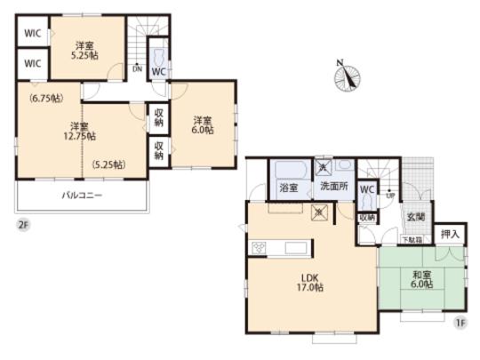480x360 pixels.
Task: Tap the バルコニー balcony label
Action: point(82,194)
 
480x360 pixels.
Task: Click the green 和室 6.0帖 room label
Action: point(422,281)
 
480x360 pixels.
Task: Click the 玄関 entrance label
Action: point(415,217)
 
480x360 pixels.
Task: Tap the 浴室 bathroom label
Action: point(289,188)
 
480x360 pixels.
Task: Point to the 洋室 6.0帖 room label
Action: point(204,125)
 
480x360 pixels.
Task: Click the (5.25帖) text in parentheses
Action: point(108,164)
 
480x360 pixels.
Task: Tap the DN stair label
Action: point(136,68)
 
